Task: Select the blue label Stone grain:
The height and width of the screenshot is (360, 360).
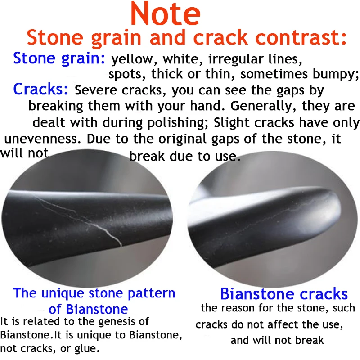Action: [x=59, y=58]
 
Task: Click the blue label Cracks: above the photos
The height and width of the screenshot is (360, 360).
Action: [x=41, y=89]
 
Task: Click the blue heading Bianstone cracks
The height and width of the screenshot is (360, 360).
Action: [x=284, y=294]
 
